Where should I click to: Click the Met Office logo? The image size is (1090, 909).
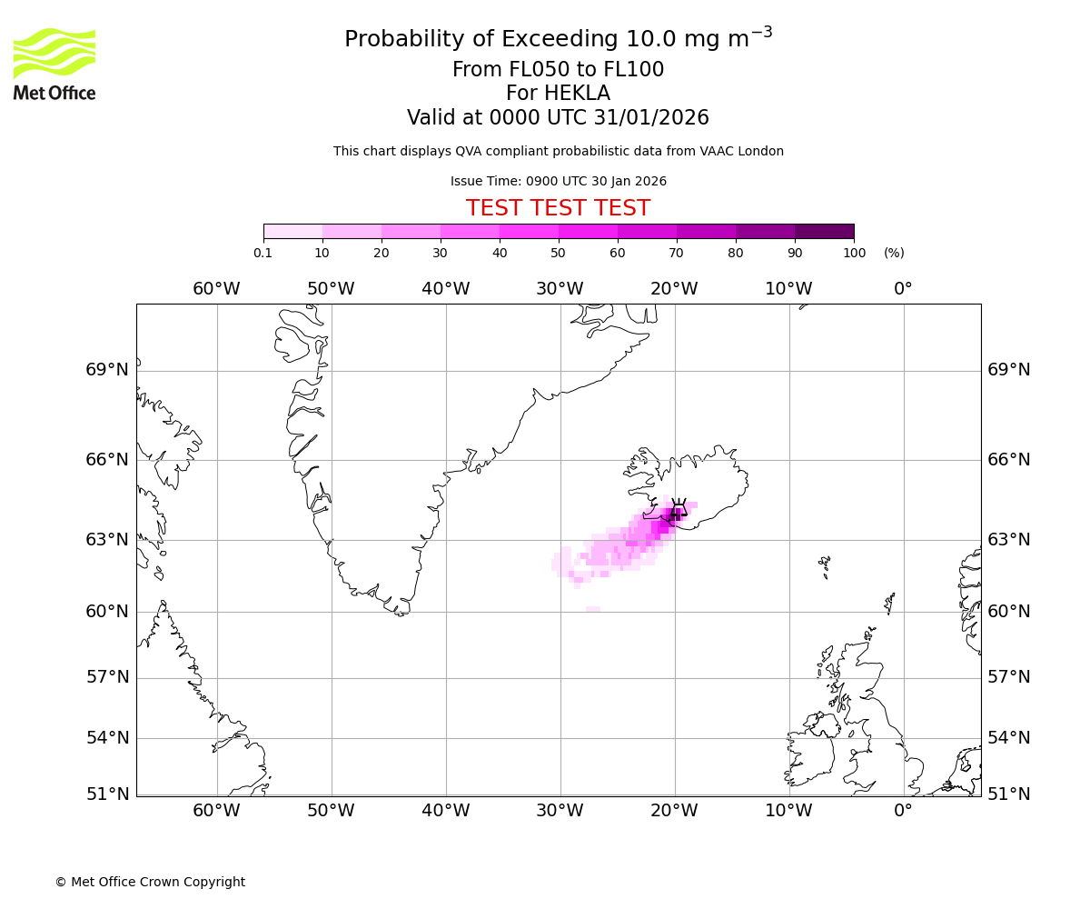(x=54, y=64)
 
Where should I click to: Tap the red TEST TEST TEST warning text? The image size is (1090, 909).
(x=558, y=208)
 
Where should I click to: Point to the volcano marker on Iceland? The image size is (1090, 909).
(x=678, y=513)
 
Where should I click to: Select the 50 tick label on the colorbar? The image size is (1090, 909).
(x=558, y=253)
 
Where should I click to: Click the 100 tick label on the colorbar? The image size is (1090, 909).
(x=854, y=253)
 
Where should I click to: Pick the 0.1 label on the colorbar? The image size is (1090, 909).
(x=263, y=253)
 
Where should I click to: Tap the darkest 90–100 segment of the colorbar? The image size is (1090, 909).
(x=824, y=231)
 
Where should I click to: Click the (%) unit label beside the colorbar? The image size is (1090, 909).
(x=894, y=253)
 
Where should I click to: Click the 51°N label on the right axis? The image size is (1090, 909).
(x=1009, y=794)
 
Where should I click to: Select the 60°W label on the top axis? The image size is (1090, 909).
(x=216, y=289)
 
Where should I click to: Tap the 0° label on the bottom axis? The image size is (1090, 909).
(x=903, y=811)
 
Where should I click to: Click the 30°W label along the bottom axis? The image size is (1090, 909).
(x=560, y=811)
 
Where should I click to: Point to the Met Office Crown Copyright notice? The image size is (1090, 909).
(x=150, y=882)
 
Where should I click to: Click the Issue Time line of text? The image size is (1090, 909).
(x=558, y=181)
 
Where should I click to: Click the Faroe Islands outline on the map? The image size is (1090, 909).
(x=824, y=565)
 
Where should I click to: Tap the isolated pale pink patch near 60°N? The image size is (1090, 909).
(x=593, y=609)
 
